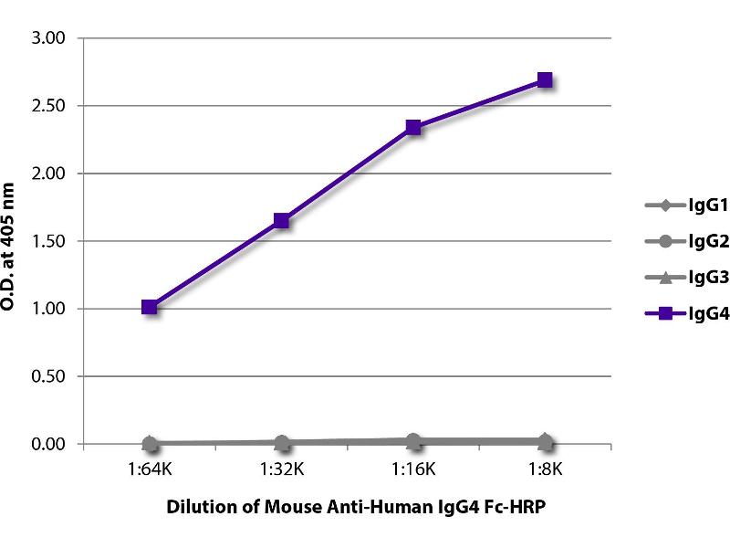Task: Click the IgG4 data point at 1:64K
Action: (150, 307)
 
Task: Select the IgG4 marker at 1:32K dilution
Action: (281, 220)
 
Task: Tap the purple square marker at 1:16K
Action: (413, 127)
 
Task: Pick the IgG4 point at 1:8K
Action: (545, 79)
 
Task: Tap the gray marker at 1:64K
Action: (150, 444)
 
